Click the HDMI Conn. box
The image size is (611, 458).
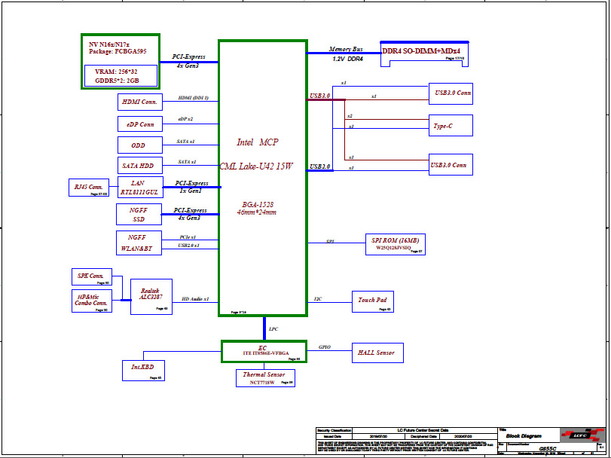[x=139, y=102]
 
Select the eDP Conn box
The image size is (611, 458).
[x=139, y=124]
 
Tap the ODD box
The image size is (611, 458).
[x=139, y=145]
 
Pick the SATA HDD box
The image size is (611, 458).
[x=139, y=166]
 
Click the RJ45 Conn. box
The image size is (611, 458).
[x=89, y=187]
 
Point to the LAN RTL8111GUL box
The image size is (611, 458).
[x=139, y=188]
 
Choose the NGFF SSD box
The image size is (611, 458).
[x=139, y=214]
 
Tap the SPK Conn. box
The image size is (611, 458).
[x=91, y=276]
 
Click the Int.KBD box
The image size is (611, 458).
[x=143, y=370]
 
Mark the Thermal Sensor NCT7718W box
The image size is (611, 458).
[x=264, y=377]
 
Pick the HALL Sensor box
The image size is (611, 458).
[x=377, y=353]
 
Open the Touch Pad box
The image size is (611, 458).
[x=373, y=301]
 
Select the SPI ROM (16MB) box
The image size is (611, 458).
[x=396, y=244]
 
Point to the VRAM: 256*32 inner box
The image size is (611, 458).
[x=121, y=75]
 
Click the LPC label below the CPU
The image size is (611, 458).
[x=273, y=329]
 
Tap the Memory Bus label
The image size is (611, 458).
[x=346, y=49]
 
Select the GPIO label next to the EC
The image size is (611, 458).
[x=324, y=347]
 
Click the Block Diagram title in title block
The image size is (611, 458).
[x=524, y=436]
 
